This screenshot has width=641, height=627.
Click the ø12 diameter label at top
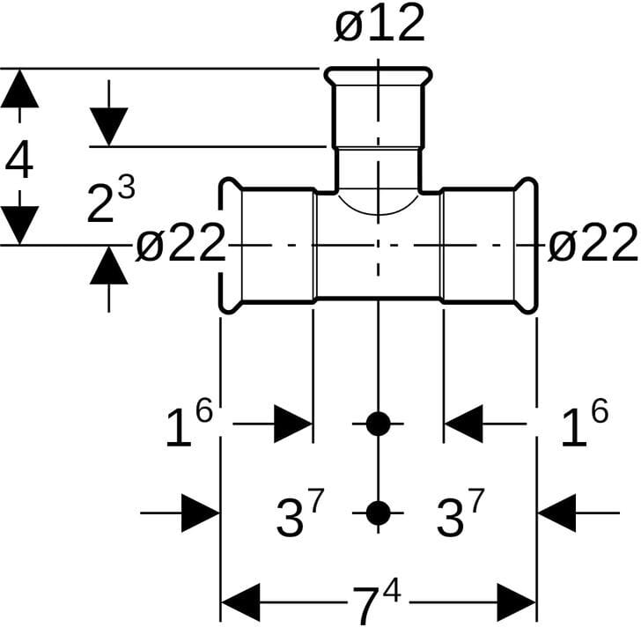(x=379, y=25)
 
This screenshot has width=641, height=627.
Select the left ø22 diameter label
(x=181, y=244)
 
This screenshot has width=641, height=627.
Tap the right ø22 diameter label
(x=592, y=244)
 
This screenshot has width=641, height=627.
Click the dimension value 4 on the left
(x=19, y=161)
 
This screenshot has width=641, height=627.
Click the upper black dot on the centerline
(x=378, y=424)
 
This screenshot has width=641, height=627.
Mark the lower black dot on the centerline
(x=378, y=512)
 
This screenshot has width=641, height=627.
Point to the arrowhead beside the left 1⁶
(x=292, y=424)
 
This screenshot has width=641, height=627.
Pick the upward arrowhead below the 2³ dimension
(x=109, y=264)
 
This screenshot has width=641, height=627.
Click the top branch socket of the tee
(x=379, y=110)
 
